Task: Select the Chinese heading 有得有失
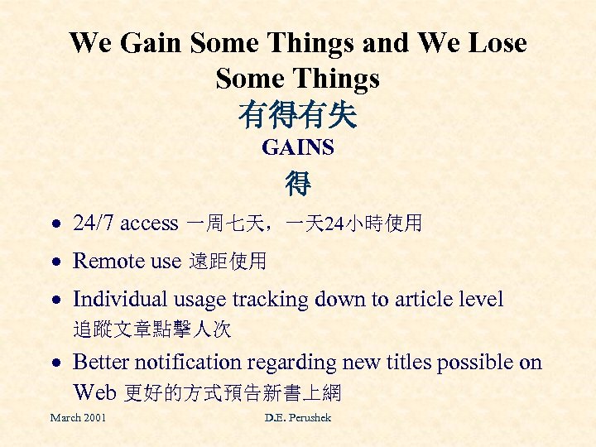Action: [x=297, y=114]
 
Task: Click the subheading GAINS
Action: [x=297, y=148]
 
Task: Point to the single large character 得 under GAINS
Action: [x=298, y=183]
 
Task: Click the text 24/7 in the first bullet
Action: [x=94, y=223]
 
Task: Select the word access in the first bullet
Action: [x=149, y=223]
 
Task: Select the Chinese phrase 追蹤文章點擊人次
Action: [x=152, y=330]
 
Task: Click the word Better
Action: [x=99, y=363]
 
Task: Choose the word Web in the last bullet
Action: [x=95, y=392]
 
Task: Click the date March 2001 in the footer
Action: [x=78, y=418]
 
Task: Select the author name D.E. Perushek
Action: [x=297, y=418]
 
